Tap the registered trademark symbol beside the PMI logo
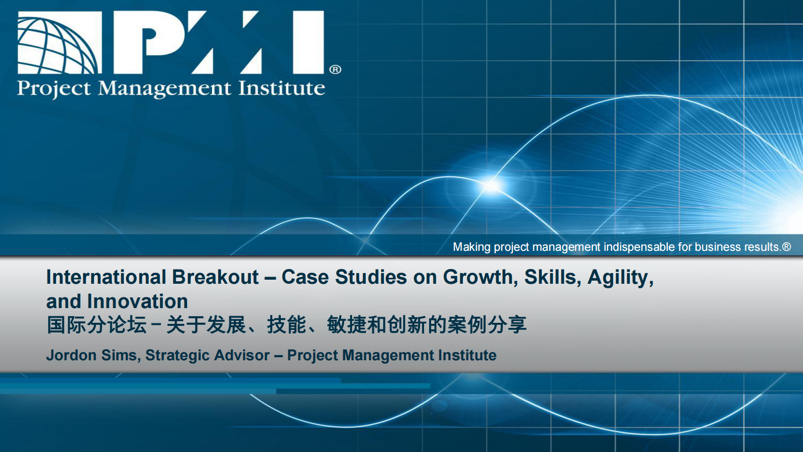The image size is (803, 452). [335, 69]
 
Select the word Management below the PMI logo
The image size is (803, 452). [164, 88]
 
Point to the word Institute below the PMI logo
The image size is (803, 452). [282, 88]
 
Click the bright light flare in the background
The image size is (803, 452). [492, 185]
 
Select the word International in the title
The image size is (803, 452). [106, 277]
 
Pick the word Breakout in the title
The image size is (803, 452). [215, 277]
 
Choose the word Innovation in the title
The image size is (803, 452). [138, 302]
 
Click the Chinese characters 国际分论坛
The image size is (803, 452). [97, 325]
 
